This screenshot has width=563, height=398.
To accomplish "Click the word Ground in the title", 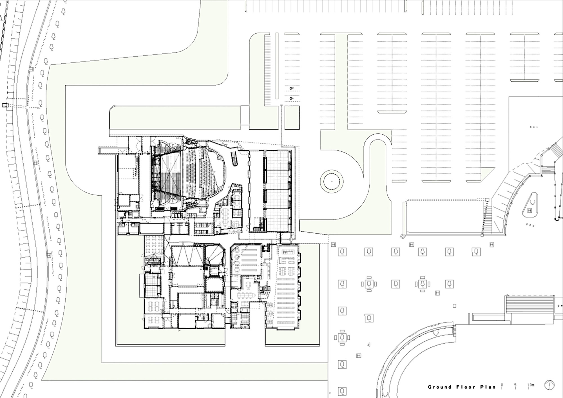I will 439,387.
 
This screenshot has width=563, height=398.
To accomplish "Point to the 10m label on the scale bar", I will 531,385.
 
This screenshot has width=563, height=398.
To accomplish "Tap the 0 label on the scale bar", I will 502,385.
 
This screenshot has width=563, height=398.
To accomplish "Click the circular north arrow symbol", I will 549,385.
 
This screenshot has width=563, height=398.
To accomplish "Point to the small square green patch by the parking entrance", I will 292,118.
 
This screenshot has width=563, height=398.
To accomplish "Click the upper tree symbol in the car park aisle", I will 291,89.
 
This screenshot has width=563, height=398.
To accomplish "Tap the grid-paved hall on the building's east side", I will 277,191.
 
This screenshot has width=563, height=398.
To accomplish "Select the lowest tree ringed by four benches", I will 342,337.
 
